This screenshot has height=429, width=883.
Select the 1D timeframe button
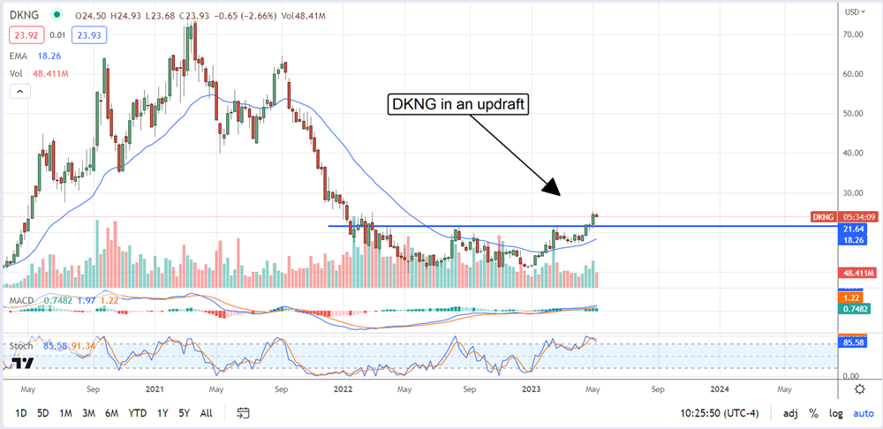[x=21, y=413]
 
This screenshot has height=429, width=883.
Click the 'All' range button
[x=206, y=413]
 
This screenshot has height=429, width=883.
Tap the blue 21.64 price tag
[x=853, y=227]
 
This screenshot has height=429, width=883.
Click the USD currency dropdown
[x=853, y=12]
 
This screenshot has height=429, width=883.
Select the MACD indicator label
[x=21, y=302]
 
